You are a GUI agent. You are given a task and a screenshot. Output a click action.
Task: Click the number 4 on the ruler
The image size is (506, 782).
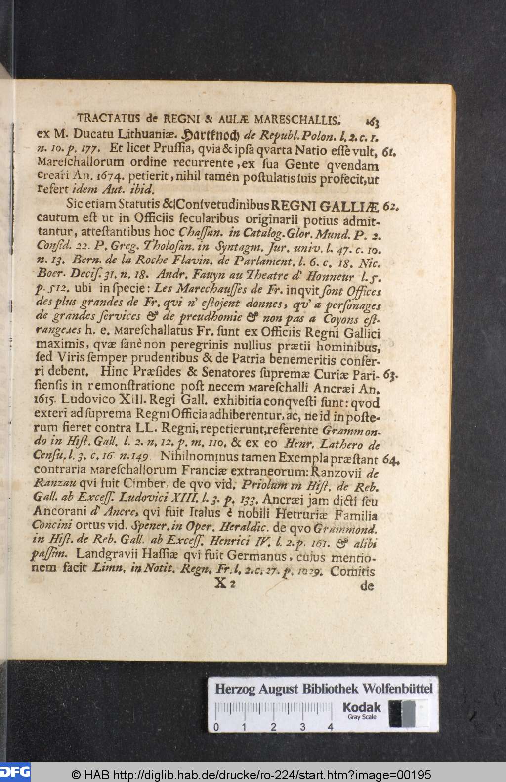330,727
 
